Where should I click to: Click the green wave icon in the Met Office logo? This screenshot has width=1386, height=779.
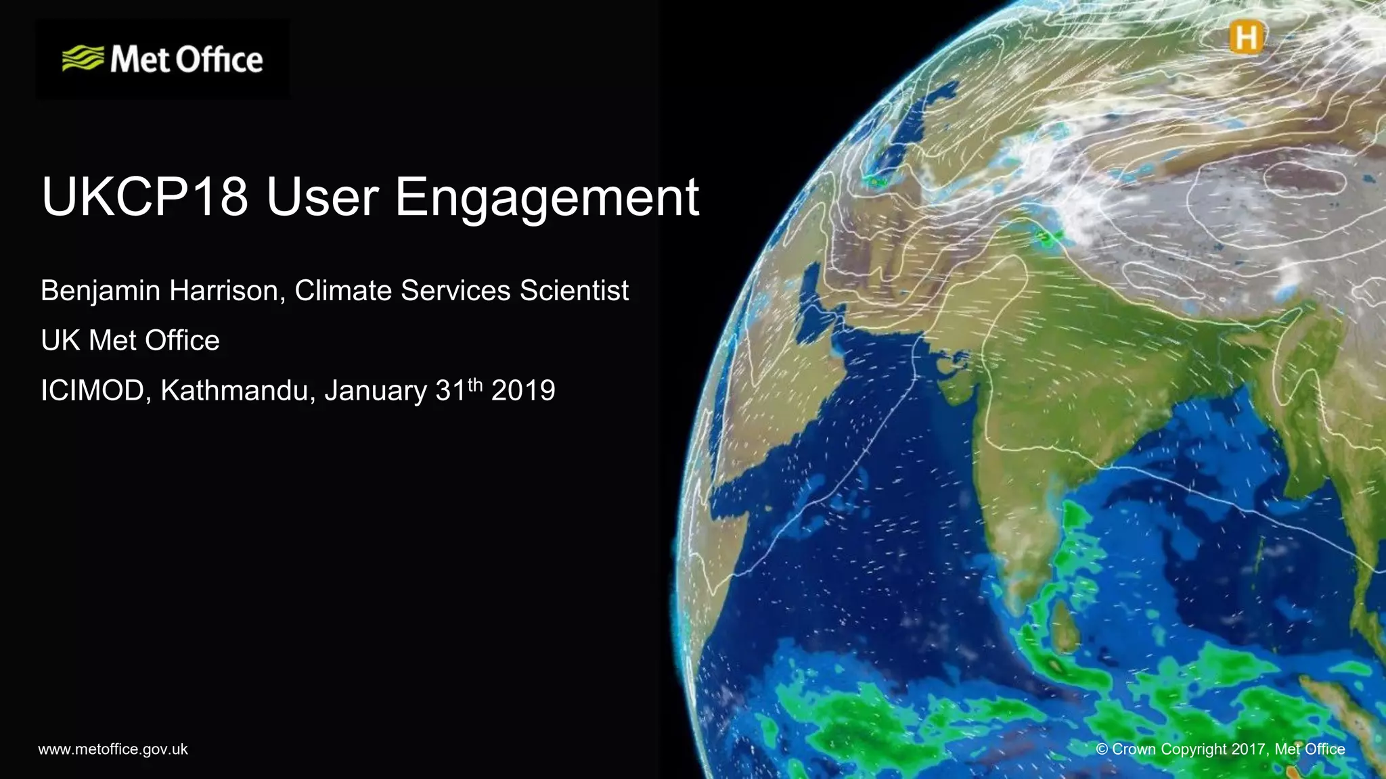[83, 59]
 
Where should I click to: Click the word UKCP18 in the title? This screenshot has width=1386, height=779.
[145, 197]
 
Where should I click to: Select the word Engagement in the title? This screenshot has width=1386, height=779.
[547, 197]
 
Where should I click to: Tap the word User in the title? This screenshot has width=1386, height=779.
[322, 197]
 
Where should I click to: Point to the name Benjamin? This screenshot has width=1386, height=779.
[100, 291]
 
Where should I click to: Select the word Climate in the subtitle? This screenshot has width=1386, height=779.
[343, 291]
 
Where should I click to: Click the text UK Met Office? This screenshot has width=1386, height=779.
[130, 340]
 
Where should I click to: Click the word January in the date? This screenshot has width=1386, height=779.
[376, 391]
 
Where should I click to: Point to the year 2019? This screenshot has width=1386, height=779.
[523, 391]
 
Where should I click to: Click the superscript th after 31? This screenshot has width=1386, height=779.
[475, 384]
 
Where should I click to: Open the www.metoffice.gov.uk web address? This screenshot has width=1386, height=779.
[113, 749]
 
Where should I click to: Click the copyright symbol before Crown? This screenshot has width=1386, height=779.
[1102, 749]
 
